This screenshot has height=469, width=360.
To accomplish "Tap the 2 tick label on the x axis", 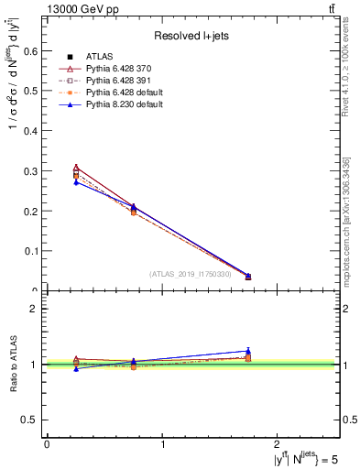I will tap(279, 442).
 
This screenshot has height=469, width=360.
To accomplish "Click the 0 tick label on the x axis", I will tap(47, 442).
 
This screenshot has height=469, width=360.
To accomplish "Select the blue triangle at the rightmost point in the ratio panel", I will tap(248, 351).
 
